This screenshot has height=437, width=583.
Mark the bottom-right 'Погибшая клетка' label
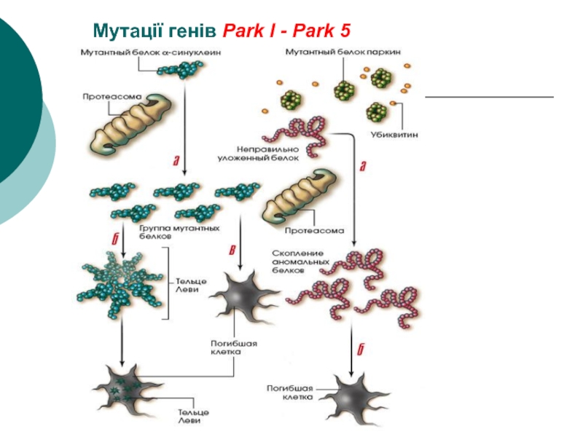point(289,393)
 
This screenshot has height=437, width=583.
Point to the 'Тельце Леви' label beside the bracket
point(191,285)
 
